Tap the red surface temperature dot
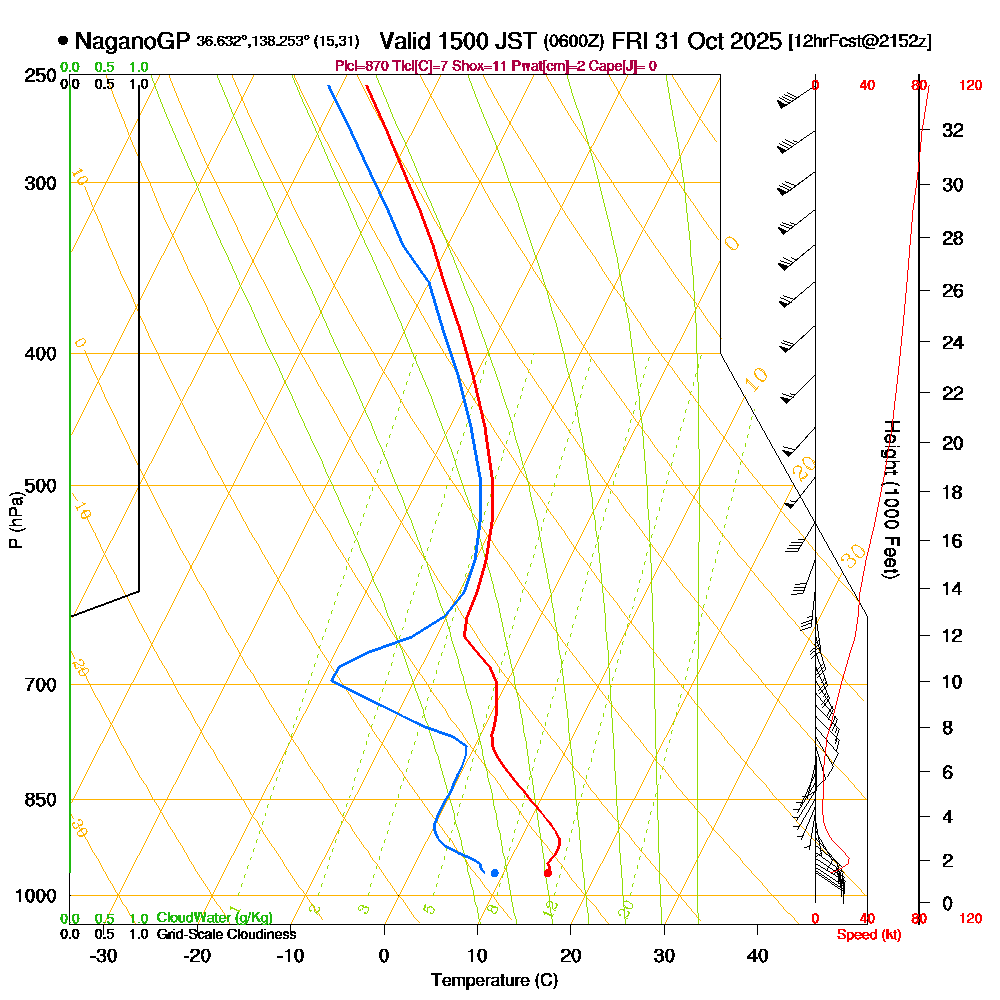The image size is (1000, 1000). coord(547,873)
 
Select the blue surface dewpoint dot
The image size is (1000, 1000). coord(494,873)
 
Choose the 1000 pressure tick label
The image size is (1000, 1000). coord(36,896)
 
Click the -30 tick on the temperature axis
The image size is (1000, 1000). coord(103,954)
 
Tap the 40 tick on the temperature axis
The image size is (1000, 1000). coord(758,954)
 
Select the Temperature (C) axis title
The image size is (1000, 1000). coord(494,980)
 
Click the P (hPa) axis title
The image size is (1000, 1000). coord(15,519)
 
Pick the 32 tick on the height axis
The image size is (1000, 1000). coord(951,130)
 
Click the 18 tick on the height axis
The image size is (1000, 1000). coord(951,492)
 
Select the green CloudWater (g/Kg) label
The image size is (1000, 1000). coord(214,918)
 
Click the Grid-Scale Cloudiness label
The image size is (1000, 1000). coord(226,934)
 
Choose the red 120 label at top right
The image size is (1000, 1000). coord(970,86)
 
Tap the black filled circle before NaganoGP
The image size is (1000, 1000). coord(64,42)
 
